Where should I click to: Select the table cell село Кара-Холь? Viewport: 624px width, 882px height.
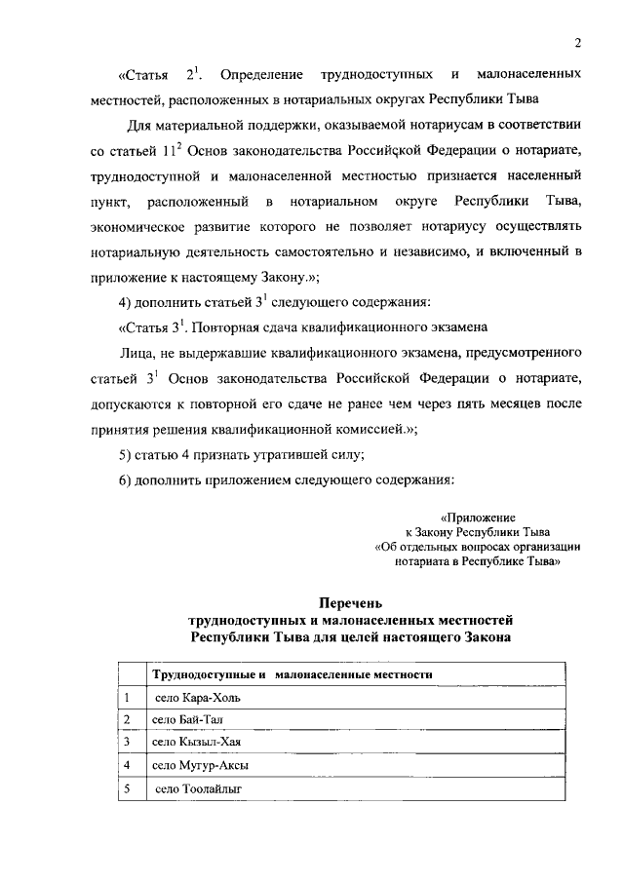click(196, 697)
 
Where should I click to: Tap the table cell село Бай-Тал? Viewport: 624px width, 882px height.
click(189, 719)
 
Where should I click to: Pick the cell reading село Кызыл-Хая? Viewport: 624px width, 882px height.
click(196, 742)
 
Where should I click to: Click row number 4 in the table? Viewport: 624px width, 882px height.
click(127, 765)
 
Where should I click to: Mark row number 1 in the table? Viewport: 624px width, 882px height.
click(127, 697)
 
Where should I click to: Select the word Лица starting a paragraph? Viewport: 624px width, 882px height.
click(137, 351)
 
